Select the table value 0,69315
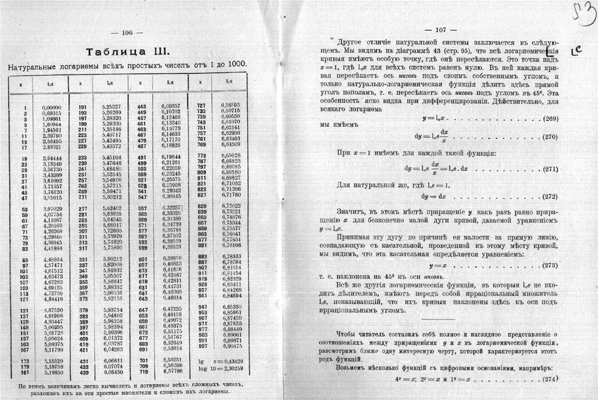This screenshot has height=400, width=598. click(53, 114)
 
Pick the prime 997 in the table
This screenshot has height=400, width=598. click(201, 346)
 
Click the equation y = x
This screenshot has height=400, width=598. click(438, 266)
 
